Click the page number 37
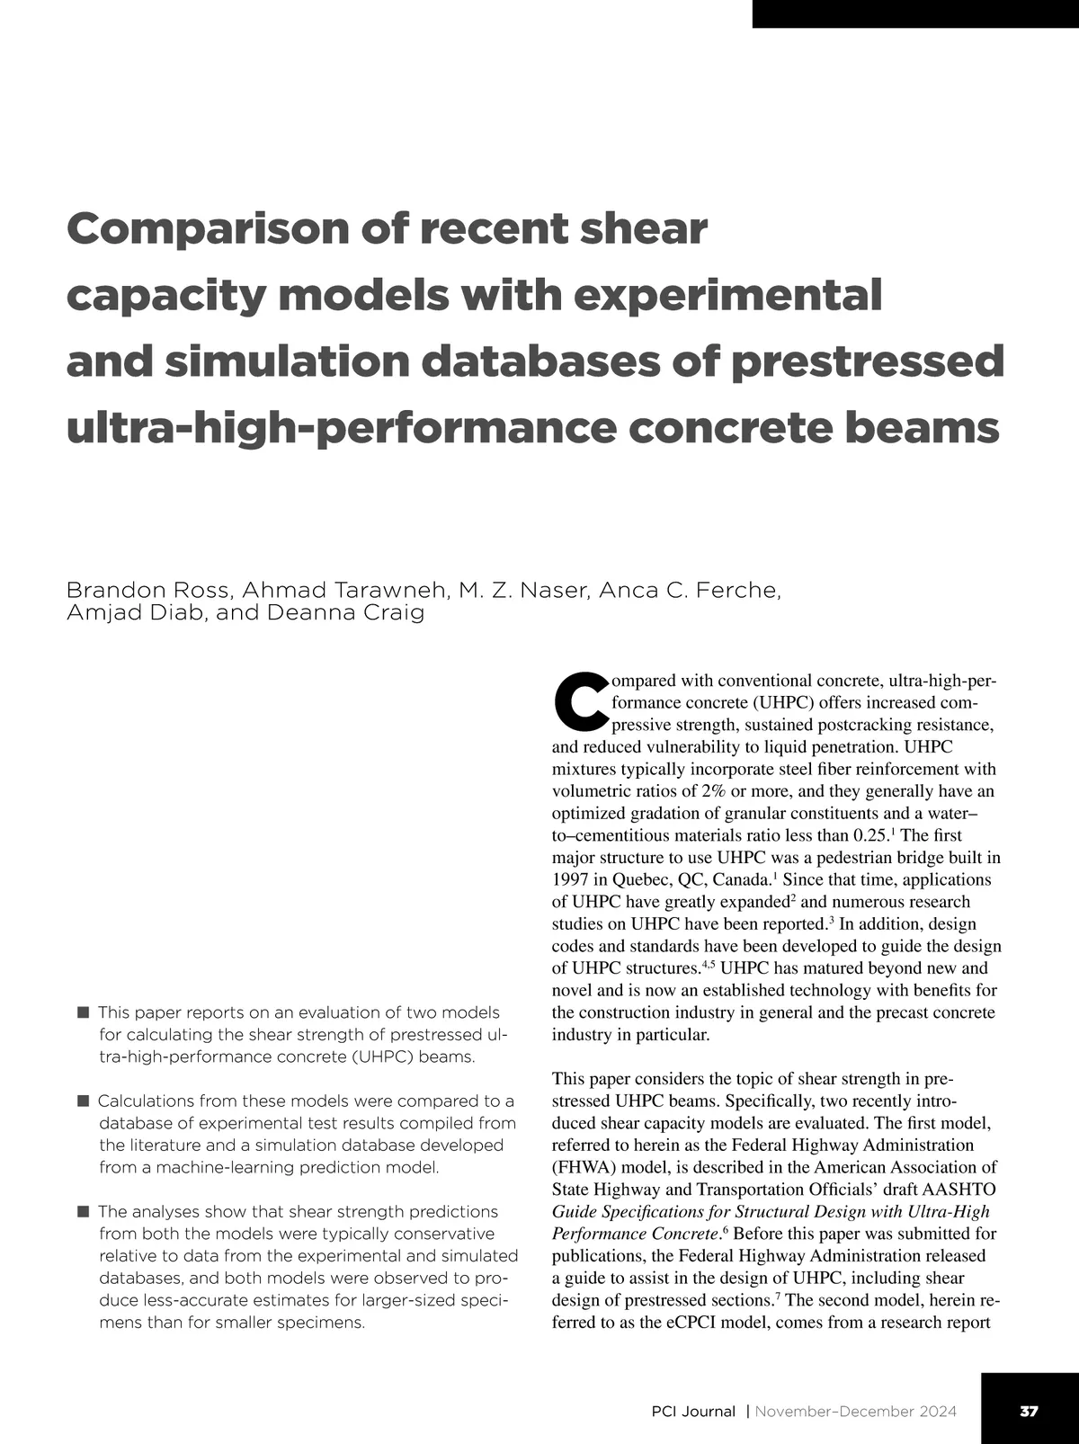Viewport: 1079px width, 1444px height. [1029, 1411]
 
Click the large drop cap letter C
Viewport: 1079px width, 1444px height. [580, 700]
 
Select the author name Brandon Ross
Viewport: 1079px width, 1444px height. [148, 590]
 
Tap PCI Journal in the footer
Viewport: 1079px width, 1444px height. [693, 1412]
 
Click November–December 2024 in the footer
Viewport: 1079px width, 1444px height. [855, 1412]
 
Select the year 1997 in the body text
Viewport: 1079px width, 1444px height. [570, 879]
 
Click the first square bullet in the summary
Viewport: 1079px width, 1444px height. [84, 1012]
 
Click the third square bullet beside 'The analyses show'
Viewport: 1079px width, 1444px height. [84, 1212]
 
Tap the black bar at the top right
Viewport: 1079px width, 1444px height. [915, 13]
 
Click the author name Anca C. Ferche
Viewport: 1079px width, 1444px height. [690, 590]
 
